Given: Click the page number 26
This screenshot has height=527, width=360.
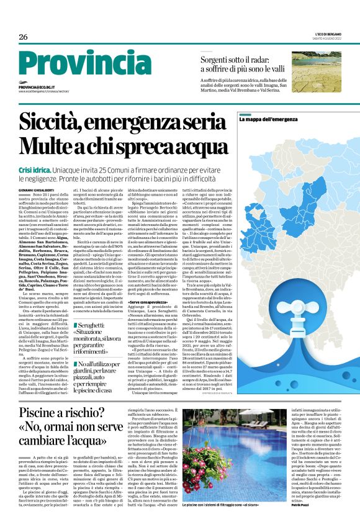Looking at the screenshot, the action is pyautogui.click(x=24, y=37).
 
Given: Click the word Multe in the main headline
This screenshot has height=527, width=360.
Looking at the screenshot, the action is pyautogui.click(x=46, y=145).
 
